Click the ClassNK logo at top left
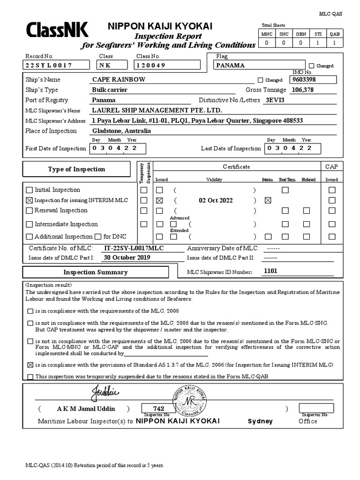click(57, 31)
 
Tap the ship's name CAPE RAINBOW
click(119, 80)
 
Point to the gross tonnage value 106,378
click(303, 90)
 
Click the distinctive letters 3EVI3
click(275, 100)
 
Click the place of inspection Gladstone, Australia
click(121, 131)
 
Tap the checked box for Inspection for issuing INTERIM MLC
click(30, 200)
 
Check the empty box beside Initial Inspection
click(30, 190)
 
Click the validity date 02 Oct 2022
click(216, 200)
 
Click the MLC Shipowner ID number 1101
click(271, 271)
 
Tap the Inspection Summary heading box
click(96, 272)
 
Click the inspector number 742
click(159, 408)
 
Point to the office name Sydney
click(260, 421)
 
